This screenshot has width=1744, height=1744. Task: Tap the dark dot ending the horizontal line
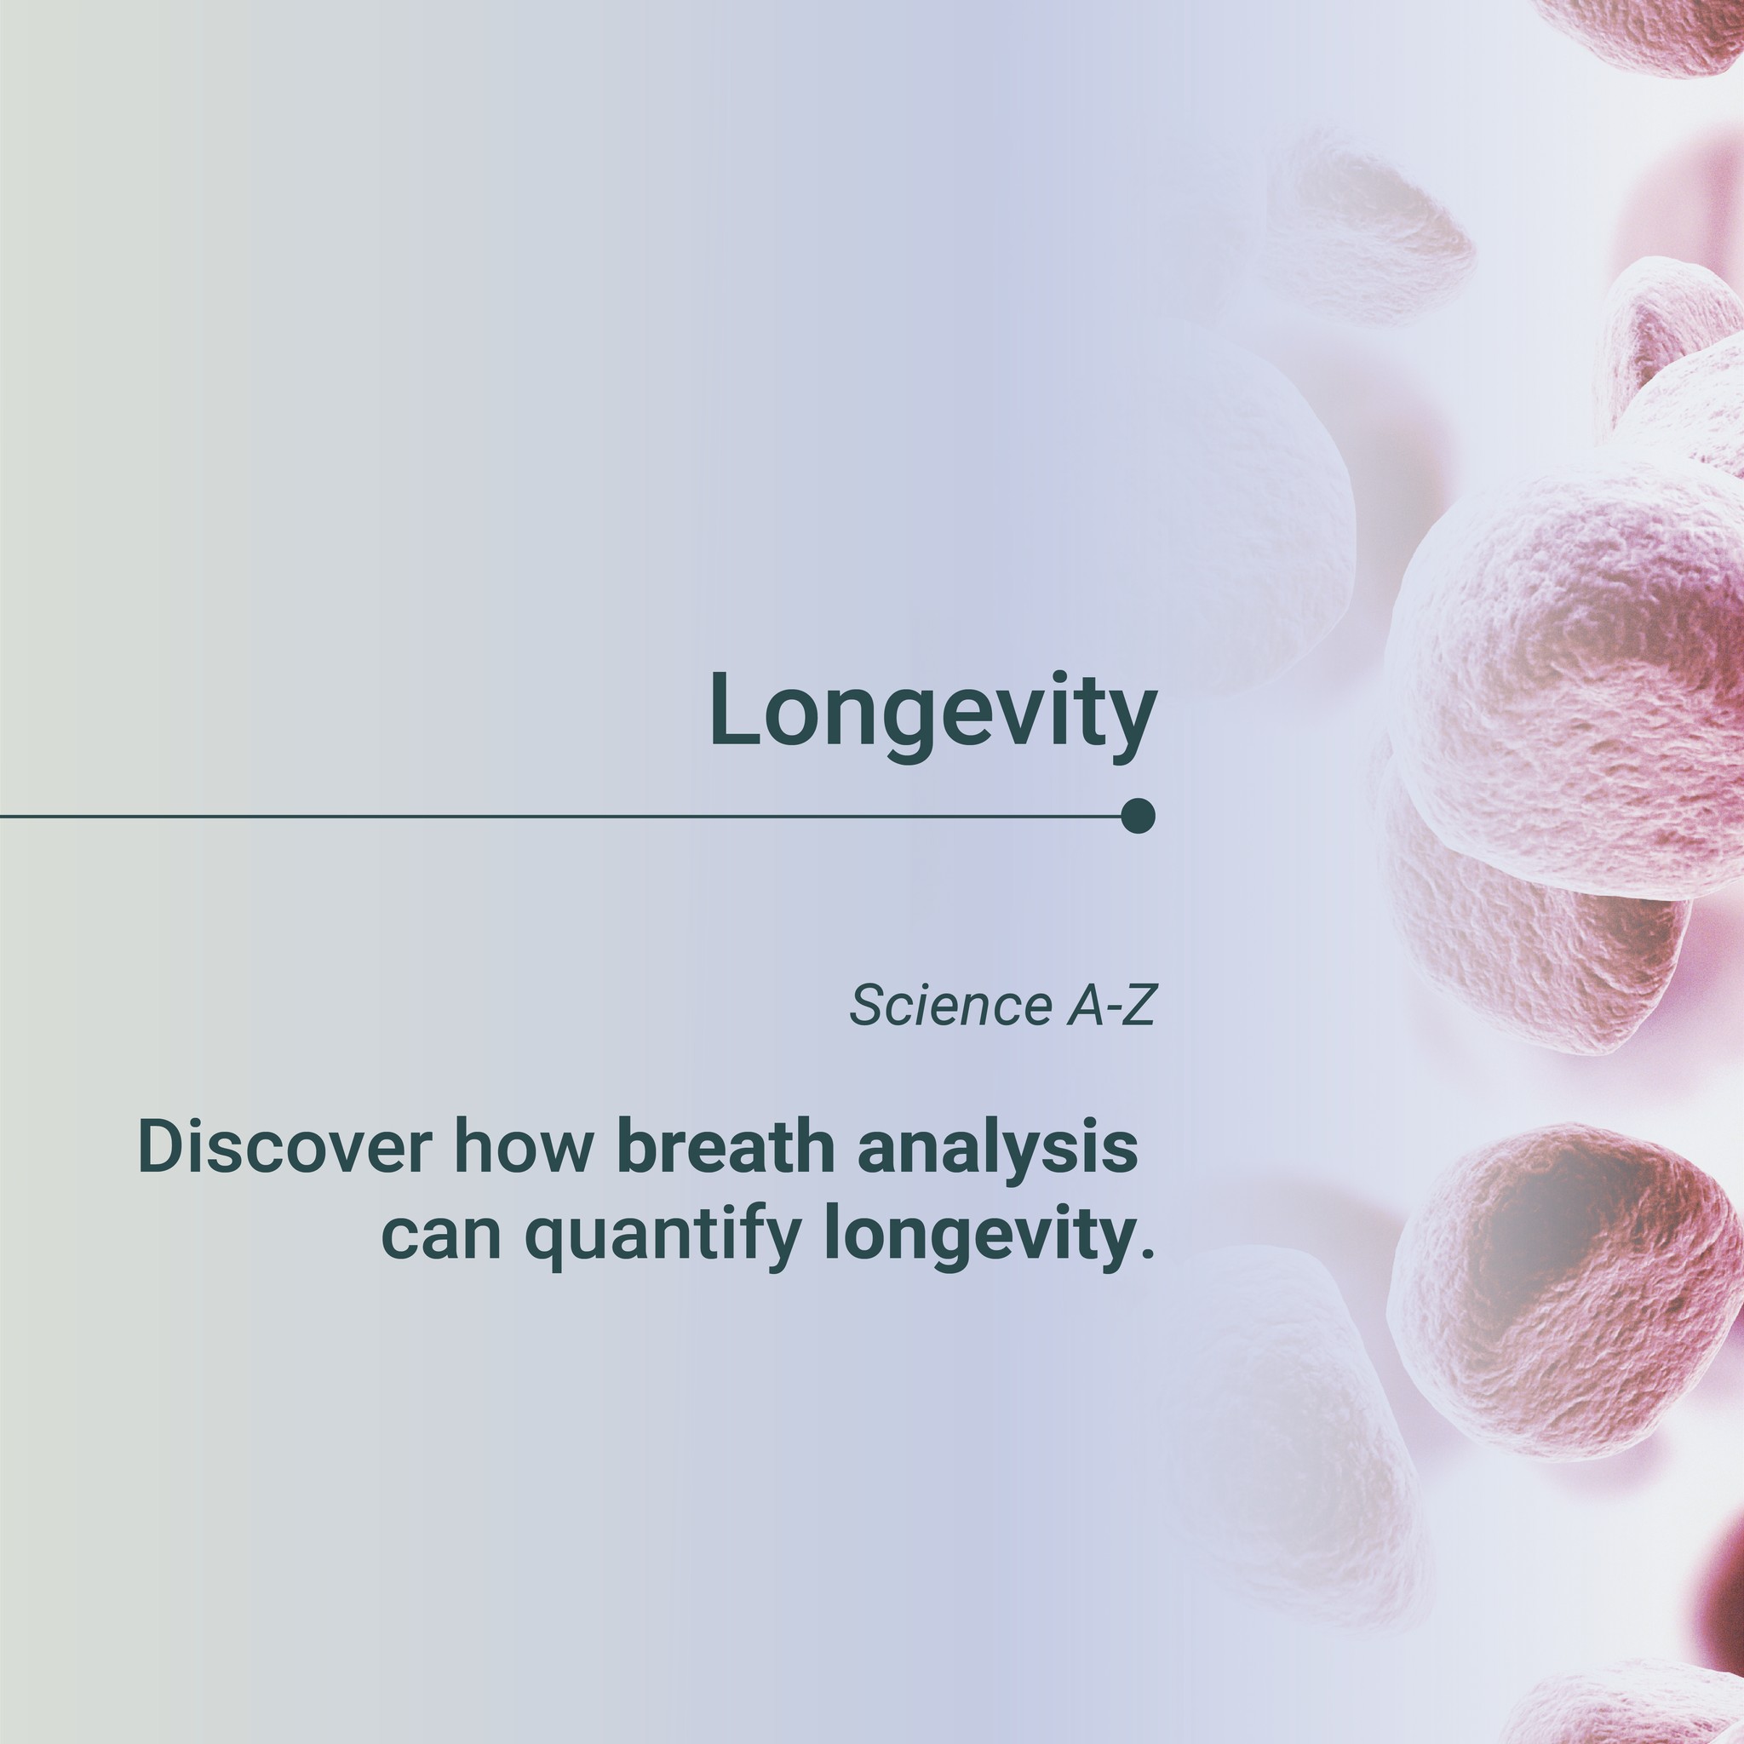(x=1139, y=816)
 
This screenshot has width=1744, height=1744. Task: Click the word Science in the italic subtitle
(x=947, y=1006)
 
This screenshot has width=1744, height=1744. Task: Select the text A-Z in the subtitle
(x=1111, y=1006)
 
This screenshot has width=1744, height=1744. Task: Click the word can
(x=442, y=1236)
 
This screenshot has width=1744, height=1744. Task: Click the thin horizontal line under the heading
(x=560, y=816)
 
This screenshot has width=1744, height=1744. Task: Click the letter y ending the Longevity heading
(x=1133, y=726)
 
